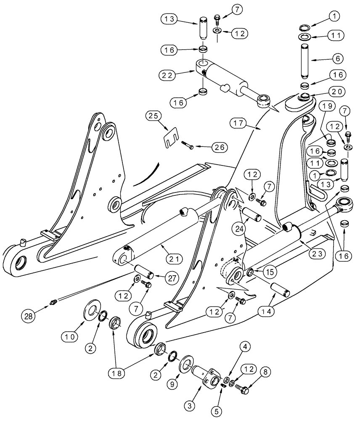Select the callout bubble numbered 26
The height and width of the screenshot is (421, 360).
point(220,147)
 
